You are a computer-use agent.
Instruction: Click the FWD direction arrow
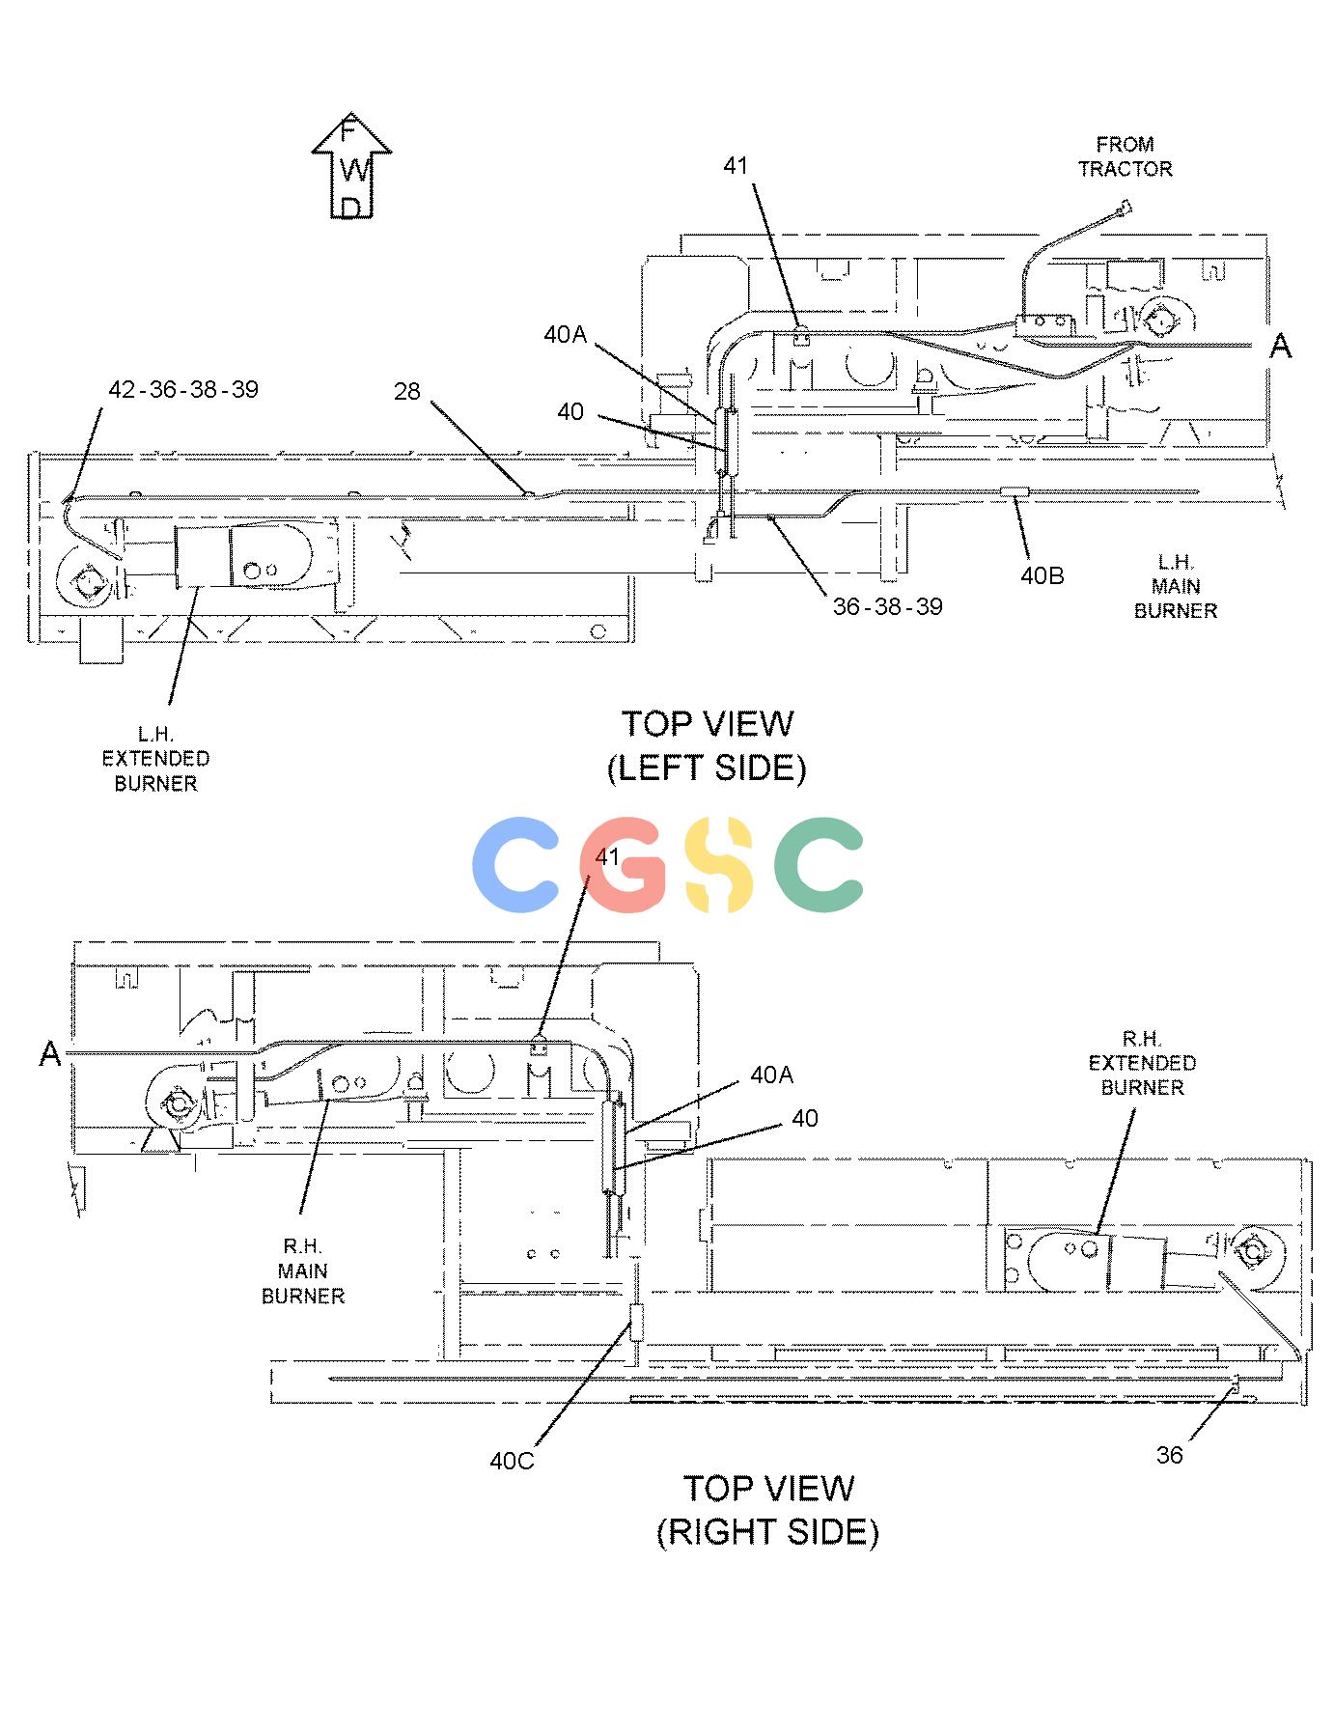[352, 165]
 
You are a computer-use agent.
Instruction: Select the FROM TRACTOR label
[1126, 156]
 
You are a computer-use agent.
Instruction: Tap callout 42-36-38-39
[183, 390]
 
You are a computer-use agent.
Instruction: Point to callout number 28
[407, 391]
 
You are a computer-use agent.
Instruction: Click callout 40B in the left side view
[1042, 575]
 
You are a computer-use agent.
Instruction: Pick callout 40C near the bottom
[512, 1461]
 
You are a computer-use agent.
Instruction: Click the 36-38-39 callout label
[888, 606]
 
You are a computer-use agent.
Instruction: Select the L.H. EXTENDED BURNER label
[155, 759]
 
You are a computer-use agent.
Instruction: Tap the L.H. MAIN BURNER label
[1176, 586]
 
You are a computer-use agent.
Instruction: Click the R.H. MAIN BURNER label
[303, 1271]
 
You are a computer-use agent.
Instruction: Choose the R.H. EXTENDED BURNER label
[1143, 1063]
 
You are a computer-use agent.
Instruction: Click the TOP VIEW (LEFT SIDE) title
[707, 745]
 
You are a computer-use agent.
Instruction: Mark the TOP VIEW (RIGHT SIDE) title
[768, 1510]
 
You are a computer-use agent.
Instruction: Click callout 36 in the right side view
[1169, 1455]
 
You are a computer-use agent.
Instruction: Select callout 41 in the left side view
[736, 166]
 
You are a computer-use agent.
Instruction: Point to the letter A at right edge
[1280, 346]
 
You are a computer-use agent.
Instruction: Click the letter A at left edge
[50, 1055]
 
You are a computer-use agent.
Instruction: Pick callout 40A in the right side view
[772, 1075]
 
